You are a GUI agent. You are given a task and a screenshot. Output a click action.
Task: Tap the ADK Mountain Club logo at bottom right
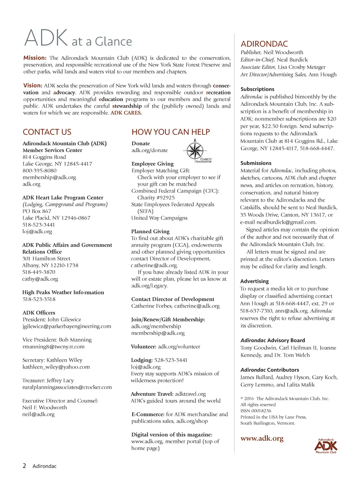(326, 446)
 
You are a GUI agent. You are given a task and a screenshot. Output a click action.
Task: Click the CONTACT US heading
(47, 132)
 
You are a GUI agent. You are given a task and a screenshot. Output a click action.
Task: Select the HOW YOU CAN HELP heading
(171, 132)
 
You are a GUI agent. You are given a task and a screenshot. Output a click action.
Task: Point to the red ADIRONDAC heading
(264, 44)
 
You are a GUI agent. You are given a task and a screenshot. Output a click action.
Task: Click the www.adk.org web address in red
(262, 438)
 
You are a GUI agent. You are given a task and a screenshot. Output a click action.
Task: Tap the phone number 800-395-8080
(39, 171)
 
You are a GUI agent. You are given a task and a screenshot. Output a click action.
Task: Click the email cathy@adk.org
(40, 279)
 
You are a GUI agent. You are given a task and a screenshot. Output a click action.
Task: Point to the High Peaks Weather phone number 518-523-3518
(39, 299)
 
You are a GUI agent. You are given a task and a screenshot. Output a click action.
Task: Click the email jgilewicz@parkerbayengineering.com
(67, 326)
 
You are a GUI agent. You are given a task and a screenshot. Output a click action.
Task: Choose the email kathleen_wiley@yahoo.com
(56, 367)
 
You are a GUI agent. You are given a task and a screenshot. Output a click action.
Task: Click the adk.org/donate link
(149, 150)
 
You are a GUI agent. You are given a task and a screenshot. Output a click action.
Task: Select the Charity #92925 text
(156, 198)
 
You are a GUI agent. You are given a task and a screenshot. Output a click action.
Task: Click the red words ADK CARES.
(126, 113)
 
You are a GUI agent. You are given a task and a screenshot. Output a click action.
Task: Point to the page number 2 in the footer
(24, 466)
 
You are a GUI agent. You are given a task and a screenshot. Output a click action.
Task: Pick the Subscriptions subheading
(257, 89)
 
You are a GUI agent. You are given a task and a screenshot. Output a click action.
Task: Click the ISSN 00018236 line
(256, 411)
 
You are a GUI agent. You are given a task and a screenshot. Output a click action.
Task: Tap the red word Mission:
(35, 58)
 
